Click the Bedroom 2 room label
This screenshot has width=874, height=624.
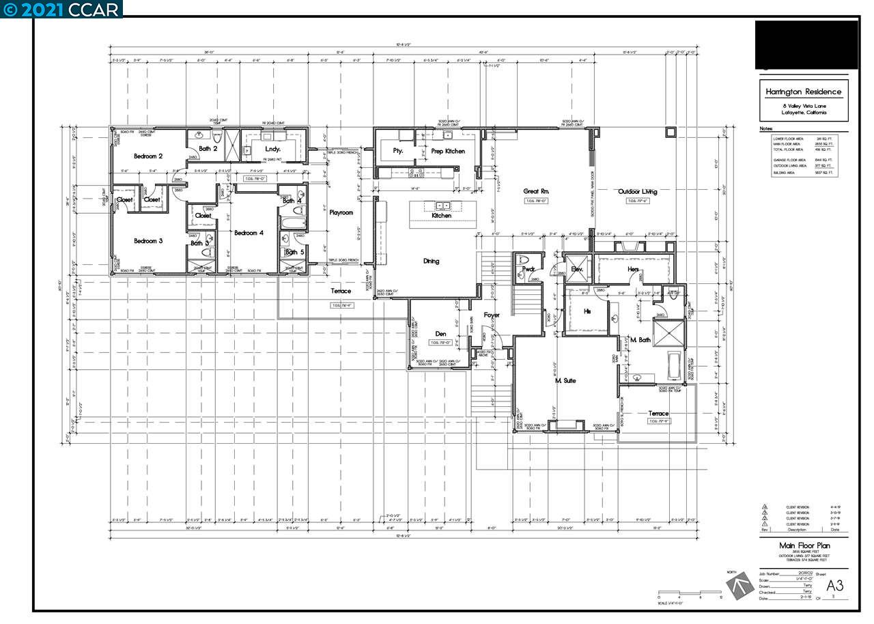[147, 156]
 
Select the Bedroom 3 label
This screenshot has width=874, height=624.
[147, 241]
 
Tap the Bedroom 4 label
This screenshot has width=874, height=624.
[249, 233]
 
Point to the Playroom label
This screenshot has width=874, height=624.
[341, 213]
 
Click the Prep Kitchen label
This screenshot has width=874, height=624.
[448, 151]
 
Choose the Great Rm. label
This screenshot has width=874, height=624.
[537, 192]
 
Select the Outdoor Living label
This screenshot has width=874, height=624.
[637, 192]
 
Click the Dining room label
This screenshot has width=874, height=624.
[431, 261]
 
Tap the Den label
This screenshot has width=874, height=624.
[440, 334]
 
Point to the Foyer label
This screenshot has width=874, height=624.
[492, 315]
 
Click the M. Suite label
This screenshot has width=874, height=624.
[565, 380]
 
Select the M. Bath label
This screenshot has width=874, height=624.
[640, 339]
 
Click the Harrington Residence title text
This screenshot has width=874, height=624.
[804, 92]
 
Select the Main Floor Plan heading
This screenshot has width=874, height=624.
[804, 545]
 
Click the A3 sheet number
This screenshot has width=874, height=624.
[835, 585]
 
